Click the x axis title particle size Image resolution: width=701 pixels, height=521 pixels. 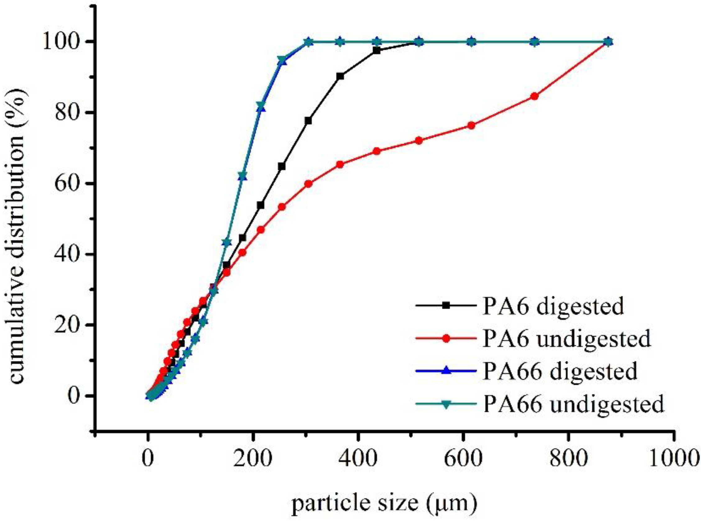384,504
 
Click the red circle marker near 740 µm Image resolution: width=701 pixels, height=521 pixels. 534,96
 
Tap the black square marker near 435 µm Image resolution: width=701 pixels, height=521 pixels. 377,50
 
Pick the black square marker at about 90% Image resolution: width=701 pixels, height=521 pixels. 340,76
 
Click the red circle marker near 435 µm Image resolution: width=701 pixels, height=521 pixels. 377,151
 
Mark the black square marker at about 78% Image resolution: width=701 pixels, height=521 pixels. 309,121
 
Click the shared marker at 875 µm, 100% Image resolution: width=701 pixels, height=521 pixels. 609,42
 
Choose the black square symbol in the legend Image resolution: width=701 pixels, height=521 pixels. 446,305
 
